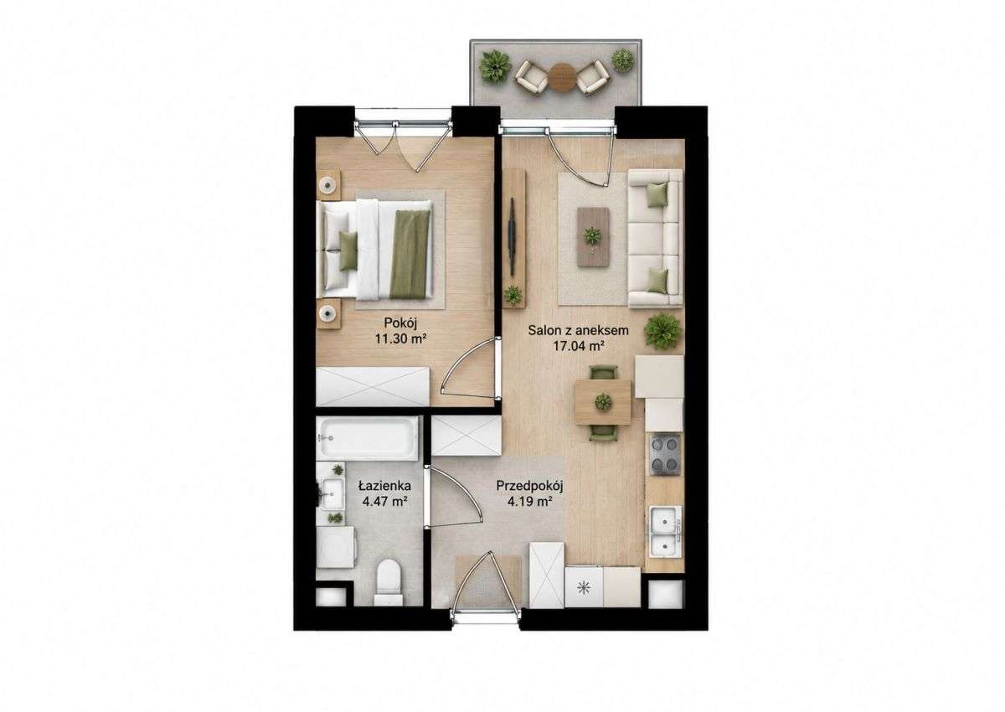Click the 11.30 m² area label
[400, 338]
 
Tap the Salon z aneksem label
[578, 331]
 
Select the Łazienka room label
[384, 486]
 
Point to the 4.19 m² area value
[529, 502]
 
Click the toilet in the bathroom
[389, 582]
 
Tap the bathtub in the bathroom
[368, 438]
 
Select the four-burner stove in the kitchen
[664, 455]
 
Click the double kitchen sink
[665, 532]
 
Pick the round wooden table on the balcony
[563, 78]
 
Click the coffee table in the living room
[593, 237]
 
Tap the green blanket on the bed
[410, 255]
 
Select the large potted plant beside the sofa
[662, 332]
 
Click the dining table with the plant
[603, 401]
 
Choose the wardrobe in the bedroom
[373, 387]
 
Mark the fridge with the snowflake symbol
[584, 587]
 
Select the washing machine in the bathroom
[336, 547]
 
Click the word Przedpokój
[529, 487]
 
